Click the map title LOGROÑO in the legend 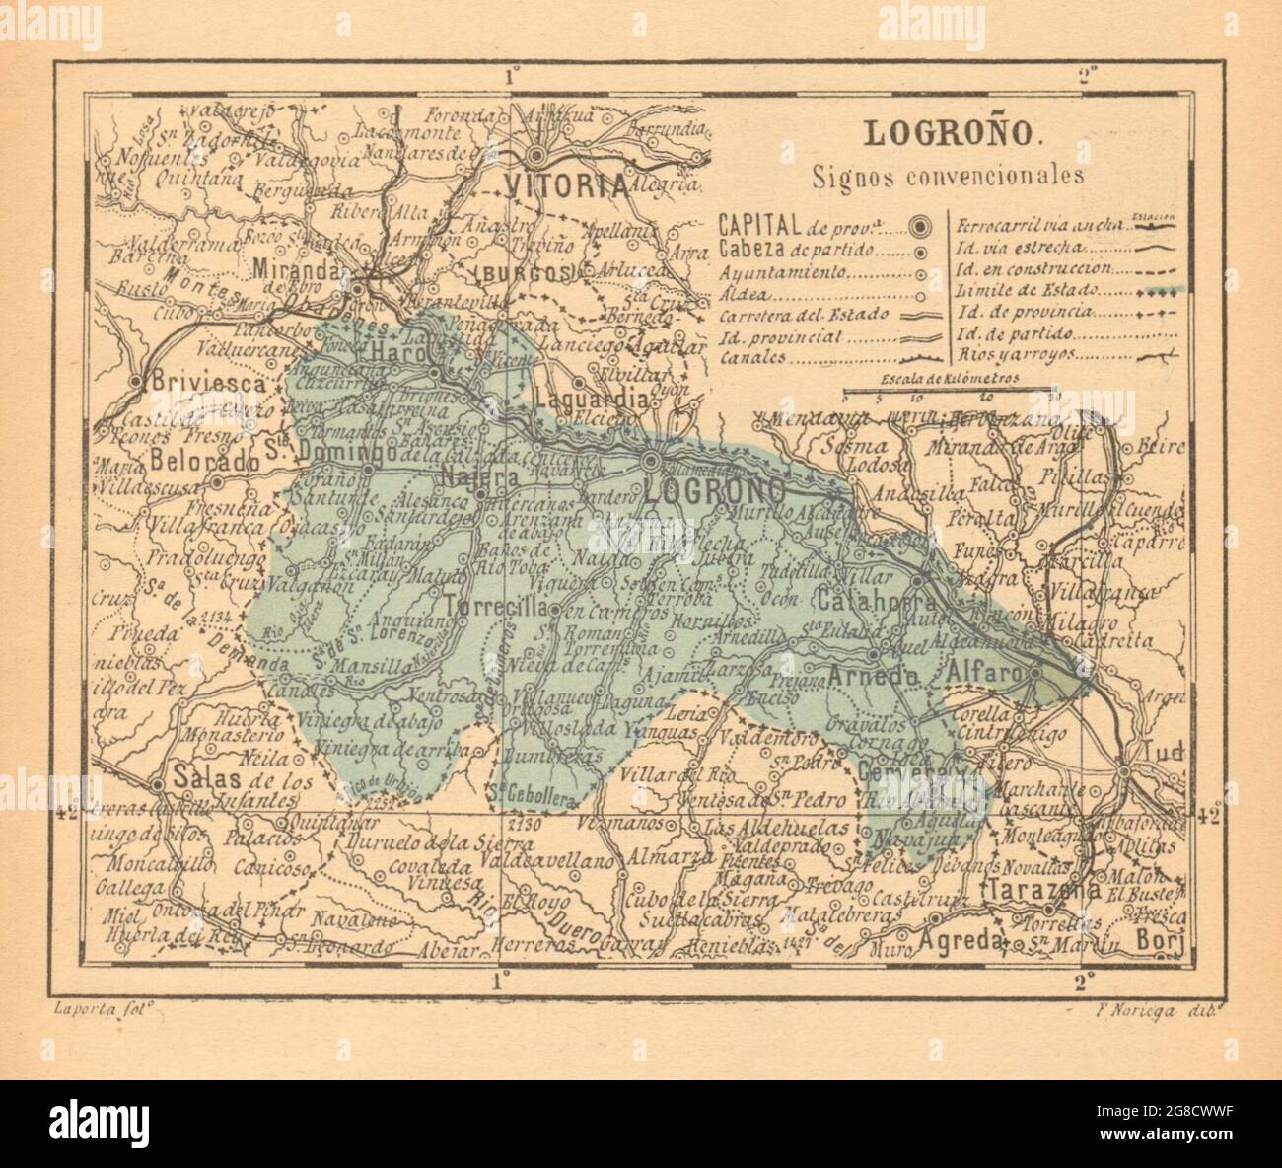930,134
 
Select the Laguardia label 594,400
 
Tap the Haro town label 398,354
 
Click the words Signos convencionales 934,178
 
